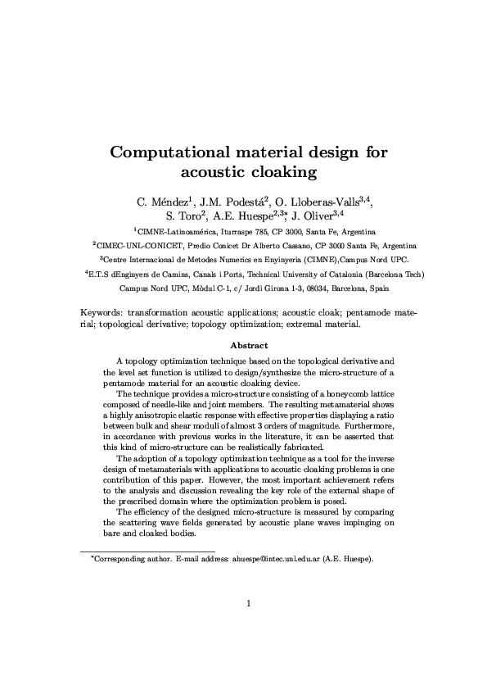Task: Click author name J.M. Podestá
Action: (232, 201)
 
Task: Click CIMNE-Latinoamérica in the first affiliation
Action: (173, 232)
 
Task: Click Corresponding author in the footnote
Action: (122, 559)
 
